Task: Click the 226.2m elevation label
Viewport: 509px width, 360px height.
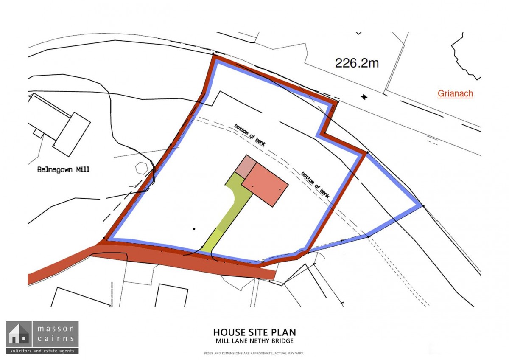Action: (x=357, y=63)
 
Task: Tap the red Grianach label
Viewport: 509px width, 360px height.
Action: (x=455, y=93)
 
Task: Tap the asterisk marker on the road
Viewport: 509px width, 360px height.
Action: (x=364, y=97)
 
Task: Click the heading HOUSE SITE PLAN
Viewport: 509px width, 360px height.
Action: (x=254, y=332)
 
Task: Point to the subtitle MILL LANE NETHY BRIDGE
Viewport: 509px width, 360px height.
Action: (x=254, y=341)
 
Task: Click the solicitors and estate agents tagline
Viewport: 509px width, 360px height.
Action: (x=42, y=351)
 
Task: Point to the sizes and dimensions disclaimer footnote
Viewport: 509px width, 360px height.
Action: (x=254, y=353)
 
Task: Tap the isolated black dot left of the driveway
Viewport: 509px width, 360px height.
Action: (x=194, y=229)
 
